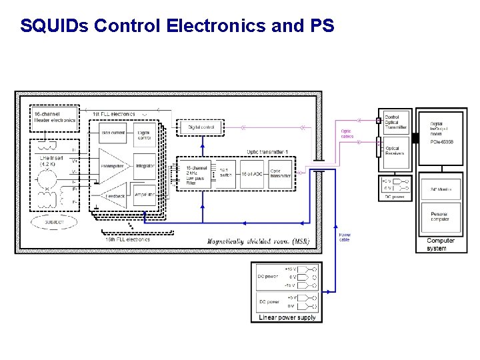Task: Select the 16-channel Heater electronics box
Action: click(x=54, y=117)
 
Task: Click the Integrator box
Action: click(x=145, y=165)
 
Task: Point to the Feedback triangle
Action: click(x=113, y=197)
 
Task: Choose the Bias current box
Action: click(x=113, y=133)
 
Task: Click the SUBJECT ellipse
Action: click(x=55, y=221)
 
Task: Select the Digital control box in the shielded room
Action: click(x=201, y=127)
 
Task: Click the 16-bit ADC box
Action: click(x=250, y=175)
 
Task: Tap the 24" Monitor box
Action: click(x=441, y=189)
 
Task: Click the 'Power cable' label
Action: click(x=345, y=237)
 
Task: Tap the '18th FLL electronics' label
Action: click(x=127, y=239)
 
